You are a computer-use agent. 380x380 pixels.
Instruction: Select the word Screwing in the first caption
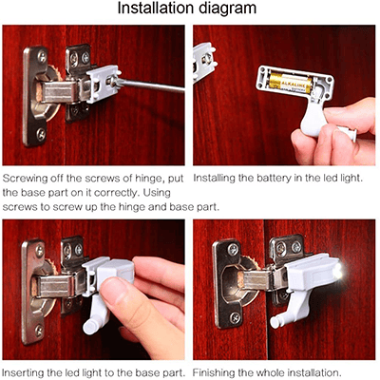coord(28,178)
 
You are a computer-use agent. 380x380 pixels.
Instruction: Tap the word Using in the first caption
coord(163,191)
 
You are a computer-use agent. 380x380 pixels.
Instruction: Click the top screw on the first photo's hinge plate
coord(41,57)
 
